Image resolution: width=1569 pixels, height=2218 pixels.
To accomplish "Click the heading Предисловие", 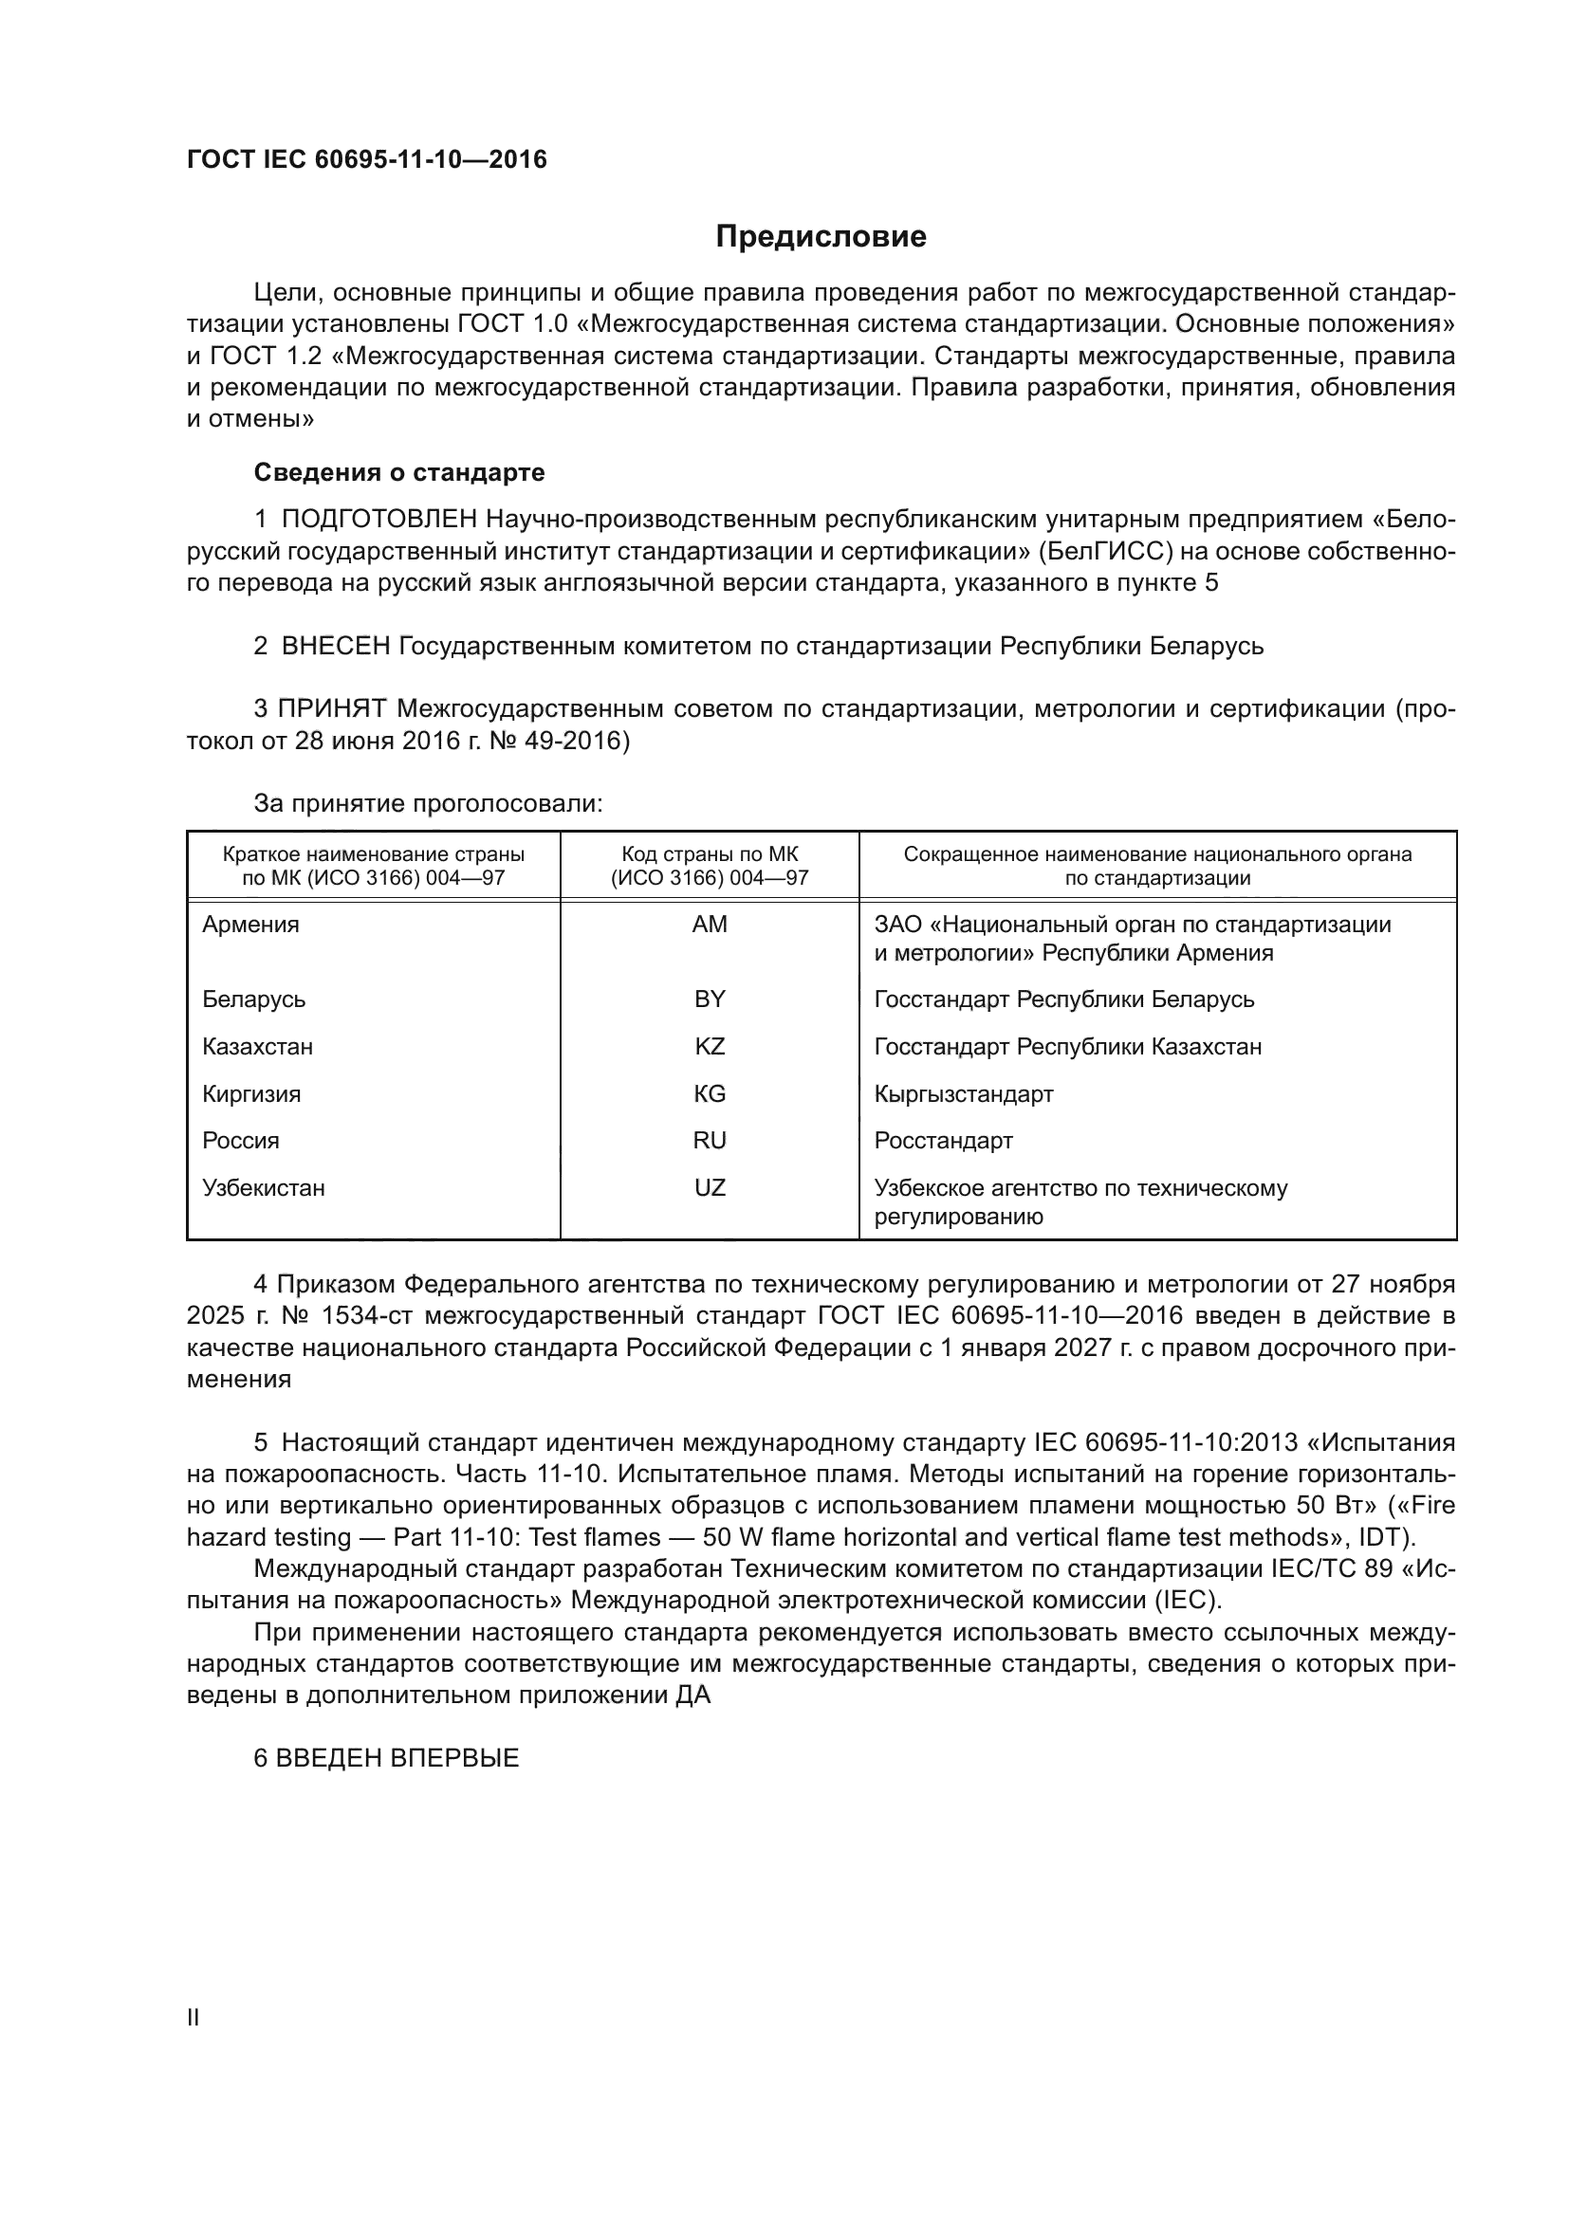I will [821, 237].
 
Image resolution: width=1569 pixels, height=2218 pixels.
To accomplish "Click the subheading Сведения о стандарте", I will [399, 472].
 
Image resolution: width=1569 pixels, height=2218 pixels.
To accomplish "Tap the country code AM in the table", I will [710, 925].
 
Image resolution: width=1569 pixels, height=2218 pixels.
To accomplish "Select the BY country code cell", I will [710, 999].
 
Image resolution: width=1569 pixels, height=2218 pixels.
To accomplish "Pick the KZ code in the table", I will [710, 1046].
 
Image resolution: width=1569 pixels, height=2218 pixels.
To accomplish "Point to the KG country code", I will [710, 1093].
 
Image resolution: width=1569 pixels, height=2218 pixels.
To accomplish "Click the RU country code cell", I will [710, 1140].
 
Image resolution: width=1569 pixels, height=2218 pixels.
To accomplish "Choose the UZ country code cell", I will [710, 1187].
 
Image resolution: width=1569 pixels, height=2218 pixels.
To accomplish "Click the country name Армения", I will [250, 925].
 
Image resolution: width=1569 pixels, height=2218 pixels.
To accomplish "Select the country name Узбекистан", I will [263, 1187].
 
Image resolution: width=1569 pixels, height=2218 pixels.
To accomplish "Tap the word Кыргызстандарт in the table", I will [963, 1093].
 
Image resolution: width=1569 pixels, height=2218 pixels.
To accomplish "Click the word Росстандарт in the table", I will [943, 1140].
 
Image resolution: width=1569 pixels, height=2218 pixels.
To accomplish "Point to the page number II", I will [194, 2017].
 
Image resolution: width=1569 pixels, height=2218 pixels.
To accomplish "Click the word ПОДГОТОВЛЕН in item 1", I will [378, 520].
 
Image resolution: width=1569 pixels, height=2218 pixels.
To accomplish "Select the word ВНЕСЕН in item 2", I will [335, 646].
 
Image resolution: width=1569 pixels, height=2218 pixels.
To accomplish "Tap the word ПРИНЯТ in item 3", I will [332, 708].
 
